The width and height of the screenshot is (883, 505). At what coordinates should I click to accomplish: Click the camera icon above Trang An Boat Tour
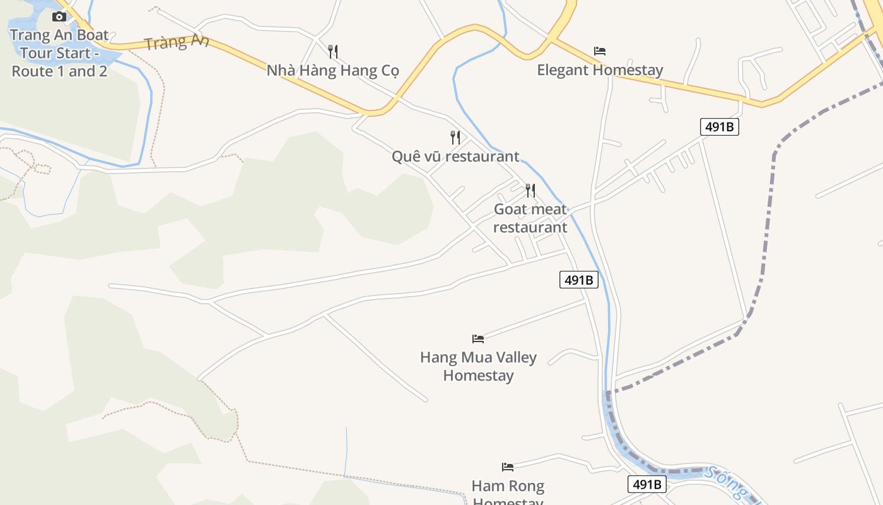(x=59, y=16)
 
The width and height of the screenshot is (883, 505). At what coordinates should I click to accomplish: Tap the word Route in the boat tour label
(x=32, y=71)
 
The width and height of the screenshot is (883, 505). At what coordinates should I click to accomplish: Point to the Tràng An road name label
(x=176, y=42)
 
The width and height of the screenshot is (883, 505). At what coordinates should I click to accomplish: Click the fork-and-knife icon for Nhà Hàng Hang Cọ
(x=333, y=51)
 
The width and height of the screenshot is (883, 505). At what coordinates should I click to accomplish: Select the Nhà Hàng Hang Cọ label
(x=332, y=70)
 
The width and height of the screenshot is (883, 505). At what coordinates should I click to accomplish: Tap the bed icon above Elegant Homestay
(x=600, y=51)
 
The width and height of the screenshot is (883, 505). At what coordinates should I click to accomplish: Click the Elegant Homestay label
(x=600, y=70)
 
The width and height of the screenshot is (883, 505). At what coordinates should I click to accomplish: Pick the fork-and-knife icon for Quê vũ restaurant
(x=455, y=137)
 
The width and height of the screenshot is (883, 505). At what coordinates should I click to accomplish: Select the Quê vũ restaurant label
(x=455, y=156)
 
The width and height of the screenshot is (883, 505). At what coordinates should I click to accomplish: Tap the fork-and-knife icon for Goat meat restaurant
(x=530, y=190)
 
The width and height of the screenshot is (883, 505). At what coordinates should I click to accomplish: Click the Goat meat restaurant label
(x=530, y=218)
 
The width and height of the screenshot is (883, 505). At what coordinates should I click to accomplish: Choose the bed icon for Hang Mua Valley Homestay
(x=478, y=339)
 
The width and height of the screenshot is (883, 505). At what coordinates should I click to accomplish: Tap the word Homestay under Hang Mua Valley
(x=478, y=376)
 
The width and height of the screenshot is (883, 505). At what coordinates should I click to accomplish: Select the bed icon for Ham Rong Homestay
(x=508, y=467)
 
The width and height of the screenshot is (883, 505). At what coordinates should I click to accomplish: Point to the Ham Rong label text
(x=508, y=487)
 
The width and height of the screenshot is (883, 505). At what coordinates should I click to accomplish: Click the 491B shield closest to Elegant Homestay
(x=719, y=127)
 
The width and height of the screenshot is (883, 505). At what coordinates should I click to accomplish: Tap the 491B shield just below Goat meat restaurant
(x=578, y=280)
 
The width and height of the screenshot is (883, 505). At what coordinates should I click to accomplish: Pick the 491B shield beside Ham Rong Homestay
(x=647, y=484)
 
